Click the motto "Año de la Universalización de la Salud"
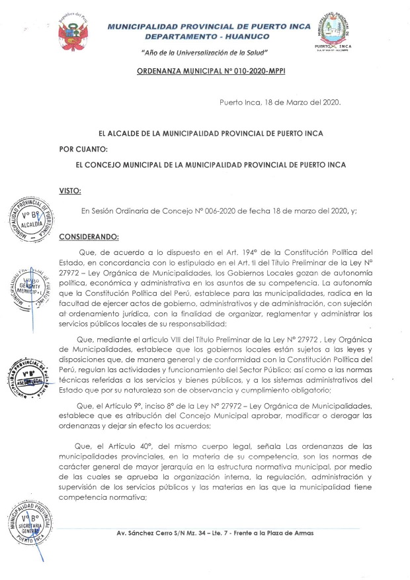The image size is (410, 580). [205, 52]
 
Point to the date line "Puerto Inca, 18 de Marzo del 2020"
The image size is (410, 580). [280, 103]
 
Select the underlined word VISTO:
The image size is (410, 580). [70, 191]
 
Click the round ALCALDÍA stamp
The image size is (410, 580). [32, 219]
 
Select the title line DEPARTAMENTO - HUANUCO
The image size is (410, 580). [205, 38]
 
